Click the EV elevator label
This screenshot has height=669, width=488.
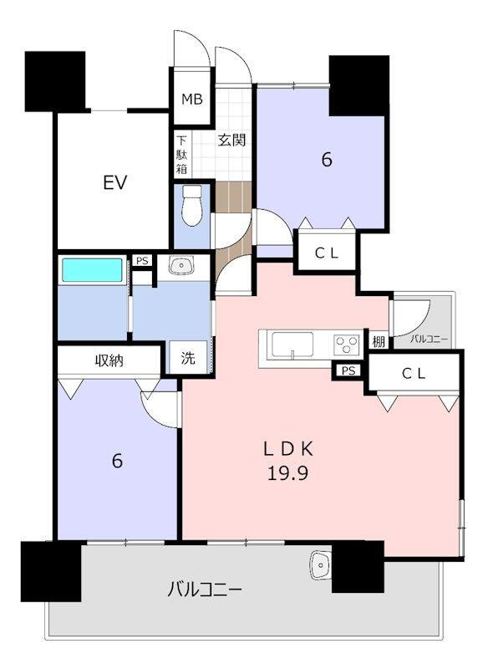[x=115, y=182]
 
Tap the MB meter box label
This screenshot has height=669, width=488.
[x=192, y=100]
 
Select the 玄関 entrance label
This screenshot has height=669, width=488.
[x=231, y=140]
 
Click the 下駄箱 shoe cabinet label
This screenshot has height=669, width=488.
[x=182, y=155]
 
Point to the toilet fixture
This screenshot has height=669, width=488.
[x=192, y=205]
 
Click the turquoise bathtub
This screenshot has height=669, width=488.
[x=92, y=269]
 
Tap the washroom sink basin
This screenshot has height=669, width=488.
[x=181, y=266]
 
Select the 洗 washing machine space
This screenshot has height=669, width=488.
[x=188, y=358]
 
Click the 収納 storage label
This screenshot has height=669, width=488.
[x=109, y=361]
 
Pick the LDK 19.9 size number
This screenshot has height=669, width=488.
[x=287, y=473]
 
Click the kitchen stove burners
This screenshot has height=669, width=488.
[x=347, y=344]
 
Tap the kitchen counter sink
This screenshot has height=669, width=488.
[x=292, y=345]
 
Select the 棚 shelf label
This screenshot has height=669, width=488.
[x=379, y=341]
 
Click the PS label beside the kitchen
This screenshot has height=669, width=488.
[x=348, y=370]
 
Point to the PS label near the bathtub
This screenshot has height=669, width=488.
[x=142, y=260]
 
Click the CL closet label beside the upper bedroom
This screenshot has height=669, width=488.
[x=327, y=253]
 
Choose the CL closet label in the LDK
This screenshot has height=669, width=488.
[x=414, y=374]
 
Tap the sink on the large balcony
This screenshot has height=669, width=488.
[x=321, y=565]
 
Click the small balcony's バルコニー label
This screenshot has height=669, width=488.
[x=430, y=340]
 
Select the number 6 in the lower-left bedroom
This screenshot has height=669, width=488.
[x=117, y=461]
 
